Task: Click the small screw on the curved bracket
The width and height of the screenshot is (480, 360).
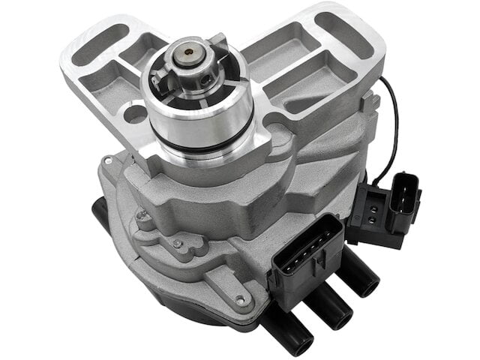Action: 177,243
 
